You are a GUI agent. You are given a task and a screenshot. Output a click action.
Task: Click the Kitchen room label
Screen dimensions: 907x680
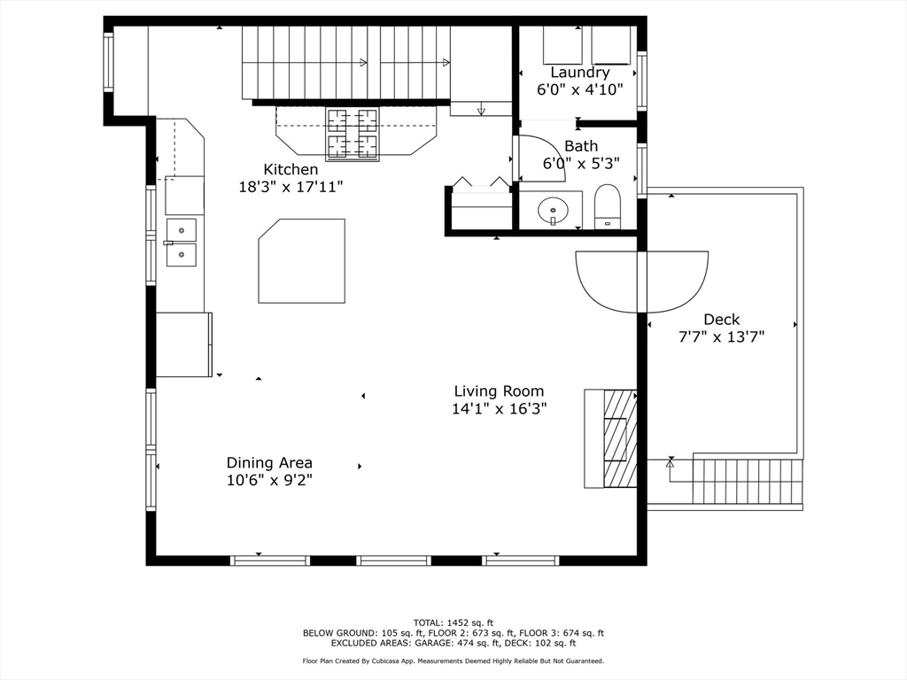(291, 169)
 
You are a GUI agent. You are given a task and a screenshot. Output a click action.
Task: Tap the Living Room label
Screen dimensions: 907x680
(499, 391)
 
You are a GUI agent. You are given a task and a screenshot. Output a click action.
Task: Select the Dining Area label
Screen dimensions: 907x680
(269, 462)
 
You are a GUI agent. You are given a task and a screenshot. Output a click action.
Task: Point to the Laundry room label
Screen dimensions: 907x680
(579, 73)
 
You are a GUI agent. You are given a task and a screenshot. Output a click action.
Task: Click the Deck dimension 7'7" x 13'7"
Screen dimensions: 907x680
(721, 336)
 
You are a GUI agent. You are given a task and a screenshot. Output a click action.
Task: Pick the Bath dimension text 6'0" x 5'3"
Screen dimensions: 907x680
(581, 164)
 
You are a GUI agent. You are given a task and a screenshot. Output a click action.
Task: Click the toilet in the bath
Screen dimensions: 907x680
(608, 206)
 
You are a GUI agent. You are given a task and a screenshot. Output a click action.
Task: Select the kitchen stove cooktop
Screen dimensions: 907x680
(353, 134)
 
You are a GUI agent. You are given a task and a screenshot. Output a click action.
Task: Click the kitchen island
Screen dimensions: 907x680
(302, 261)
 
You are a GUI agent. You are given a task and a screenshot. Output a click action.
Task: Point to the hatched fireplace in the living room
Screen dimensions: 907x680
(620, 438)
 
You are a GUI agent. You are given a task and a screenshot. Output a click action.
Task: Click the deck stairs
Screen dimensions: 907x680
(748, 481)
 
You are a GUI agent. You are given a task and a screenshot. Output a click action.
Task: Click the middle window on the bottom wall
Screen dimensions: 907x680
(394, 560)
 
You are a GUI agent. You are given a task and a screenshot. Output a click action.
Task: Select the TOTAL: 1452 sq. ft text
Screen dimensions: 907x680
(453, 622)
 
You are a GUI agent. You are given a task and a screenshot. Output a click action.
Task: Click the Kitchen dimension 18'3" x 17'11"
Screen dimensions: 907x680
(291, 187)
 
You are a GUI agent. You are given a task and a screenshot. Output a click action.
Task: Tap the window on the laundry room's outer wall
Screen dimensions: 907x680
(642, 80)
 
